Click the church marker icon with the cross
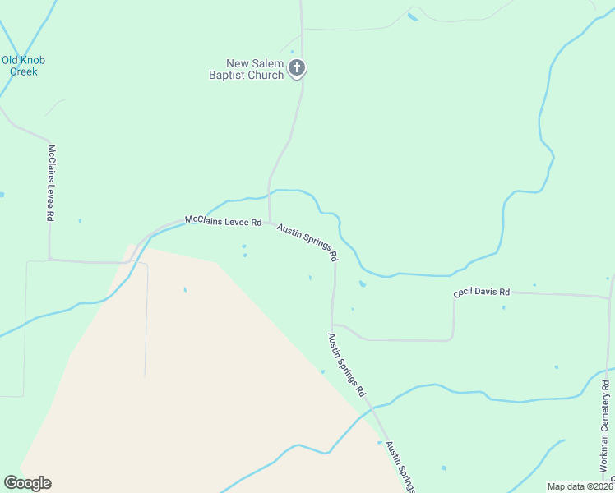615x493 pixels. (x=298, y=68)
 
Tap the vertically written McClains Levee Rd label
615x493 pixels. (x=51, y=182)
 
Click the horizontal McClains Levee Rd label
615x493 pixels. (x=223, y=221)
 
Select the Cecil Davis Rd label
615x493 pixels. (x=482, y=292)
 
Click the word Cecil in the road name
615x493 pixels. (x=465, y=293)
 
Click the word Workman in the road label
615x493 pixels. (x=603, y=449)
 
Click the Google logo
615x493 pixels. (x=27, y=483)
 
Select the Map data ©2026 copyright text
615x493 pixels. (x=580, y=486)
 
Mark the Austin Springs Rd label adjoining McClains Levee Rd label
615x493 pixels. (x=307, y=242)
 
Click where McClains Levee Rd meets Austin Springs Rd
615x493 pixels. (x=270, y=221)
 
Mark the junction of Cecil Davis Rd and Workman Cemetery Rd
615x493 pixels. (x=608, y=297)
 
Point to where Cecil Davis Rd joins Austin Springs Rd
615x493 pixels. (x=332, y=324)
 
